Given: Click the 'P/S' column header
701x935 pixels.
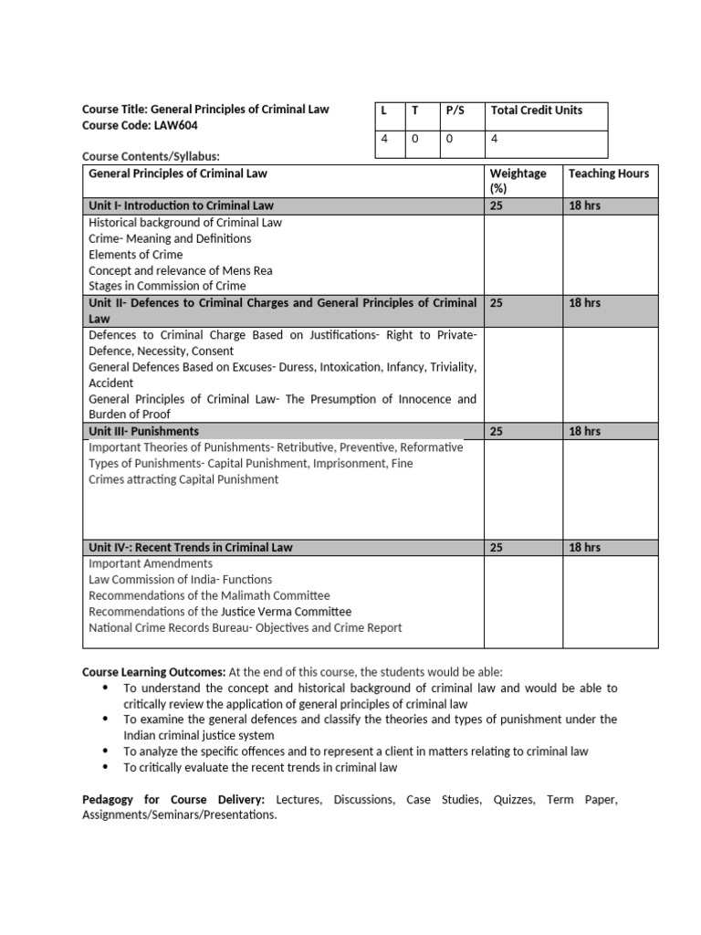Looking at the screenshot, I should [455, 110].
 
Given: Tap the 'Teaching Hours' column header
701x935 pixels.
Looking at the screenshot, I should [608, 173].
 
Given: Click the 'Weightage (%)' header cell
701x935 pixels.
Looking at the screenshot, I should [518, 180].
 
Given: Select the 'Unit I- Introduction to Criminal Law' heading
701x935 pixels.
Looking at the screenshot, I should [181, 206].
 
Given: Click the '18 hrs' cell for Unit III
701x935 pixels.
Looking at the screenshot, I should [584, 431].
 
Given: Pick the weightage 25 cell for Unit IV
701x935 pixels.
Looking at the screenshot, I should [497, 548].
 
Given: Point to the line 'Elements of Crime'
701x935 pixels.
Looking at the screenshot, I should [135, 255].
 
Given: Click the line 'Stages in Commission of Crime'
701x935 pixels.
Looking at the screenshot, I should [167, 287].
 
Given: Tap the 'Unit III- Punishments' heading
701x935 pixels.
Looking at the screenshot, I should [143, 431].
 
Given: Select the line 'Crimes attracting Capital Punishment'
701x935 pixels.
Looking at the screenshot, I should [183, 479].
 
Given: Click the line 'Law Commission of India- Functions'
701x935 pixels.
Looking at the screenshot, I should [180, 580].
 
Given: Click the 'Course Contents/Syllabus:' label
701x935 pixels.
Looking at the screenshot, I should [152, 156].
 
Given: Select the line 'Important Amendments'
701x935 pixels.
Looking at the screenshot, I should [150, 563].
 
